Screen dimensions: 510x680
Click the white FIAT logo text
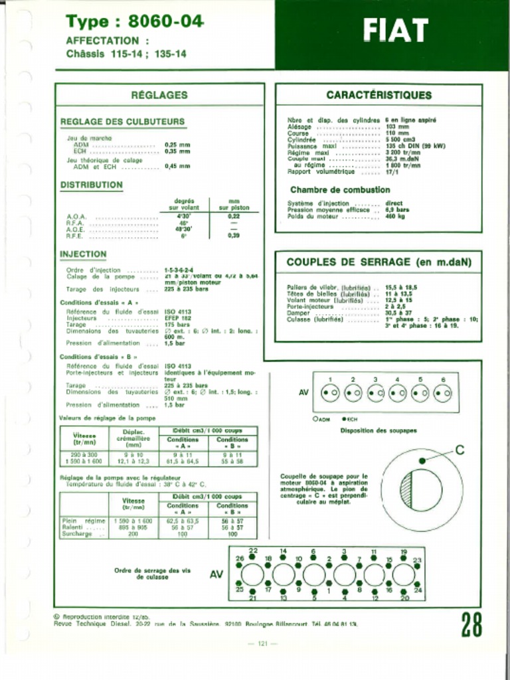point(395,31)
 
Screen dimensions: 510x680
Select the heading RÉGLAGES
point(159,95)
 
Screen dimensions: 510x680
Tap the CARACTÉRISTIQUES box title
point(379,95)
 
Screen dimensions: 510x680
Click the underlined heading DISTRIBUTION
point(91,185)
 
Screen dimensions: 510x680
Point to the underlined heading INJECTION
point(83,254)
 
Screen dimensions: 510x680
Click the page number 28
point(471,624)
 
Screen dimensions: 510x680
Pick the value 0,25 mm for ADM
point(177,144)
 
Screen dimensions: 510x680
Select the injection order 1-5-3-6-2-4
point(179,270)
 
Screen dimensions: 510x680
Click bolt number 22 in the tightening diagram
point(253,551)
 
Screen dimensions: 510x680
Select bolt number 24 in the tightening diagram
point(418,589)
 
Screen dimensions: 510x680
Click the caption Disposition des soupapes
point(379,430)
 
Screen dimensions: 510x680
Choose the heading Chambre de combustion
point(339,190)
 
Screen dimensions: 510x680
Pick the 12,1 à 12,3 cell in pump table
point(133,460)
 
